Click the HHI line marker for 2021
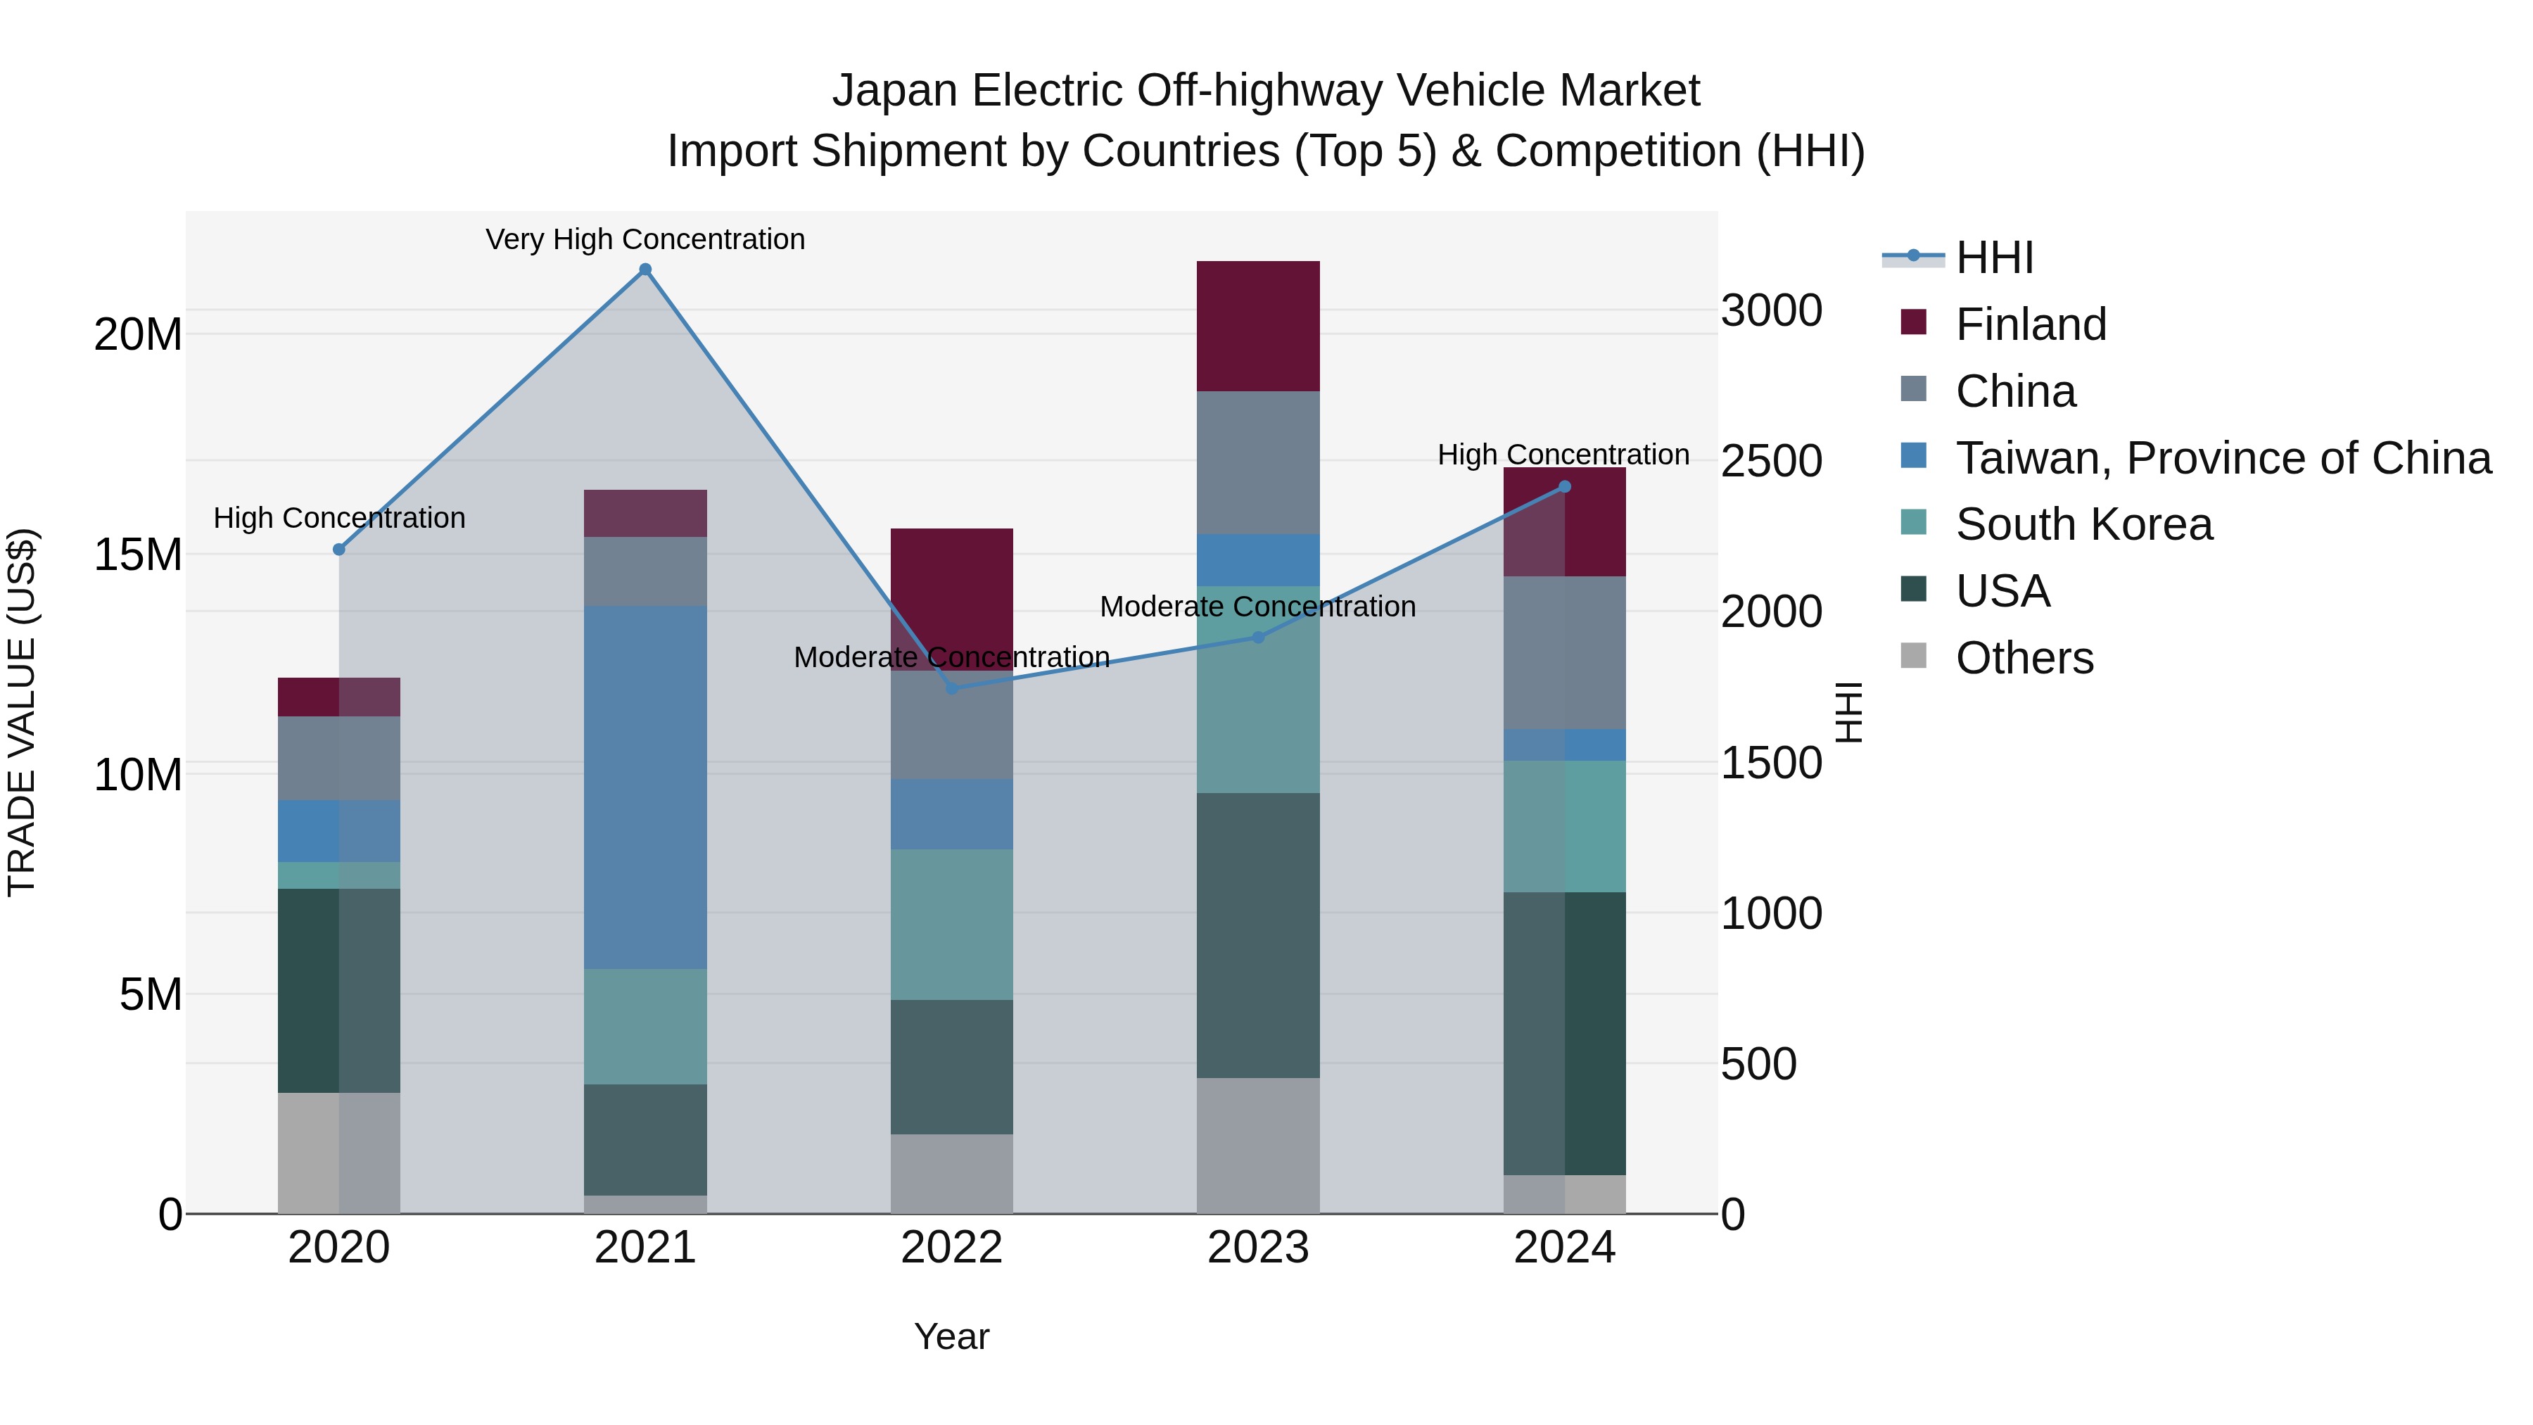pyautogui.click(x=645, y=270)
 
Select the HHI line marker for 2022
pyautogui.click(x=952, y=688)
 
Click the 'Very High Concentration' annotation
pyautogui.click(x=645, y=239)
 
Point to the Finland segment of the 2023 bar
pyautogui.click(x=1257, y=327)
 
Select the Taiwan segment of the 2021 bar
pyautogui.click(x=645, y=787)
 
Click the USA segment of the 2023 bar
pyautogui.click(x=1257, y=935)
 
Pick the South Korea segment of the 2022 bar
pyautogui.click(x=952, y=925)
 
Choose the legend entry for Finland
pyautogui.click(x=2031, y=324)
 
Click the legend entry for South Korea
pyautogui.click(x=2083, y=524)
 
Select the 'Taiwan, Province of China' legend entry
pyautogui.click(x=2222, y=457)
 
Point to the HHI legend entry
pyautogui.click(x=1994, y=258)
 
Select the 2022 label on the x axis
pyautogui.click(x=952, y=1248)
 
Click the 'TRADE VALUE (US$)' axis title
pyautogui.click(x=22, y=712)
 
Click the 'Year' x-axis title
pyautogui.click(x=952, y=1336)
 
